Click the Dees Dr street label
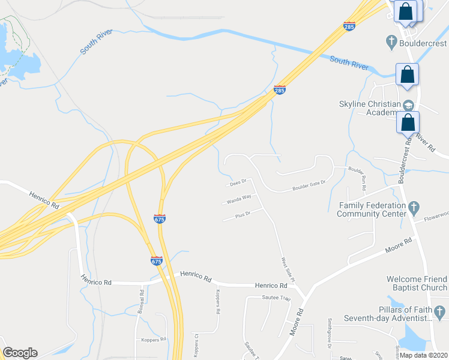(x=238, y=182)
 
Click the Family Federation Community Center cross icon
(x=413, y=208)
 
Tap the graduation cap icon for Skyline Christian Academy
(x=409, y=103)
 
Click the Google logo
(x=20, y=353)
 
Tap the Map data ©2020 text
(x=423, y=355)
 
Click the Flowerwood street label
(x=436, y=215)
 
